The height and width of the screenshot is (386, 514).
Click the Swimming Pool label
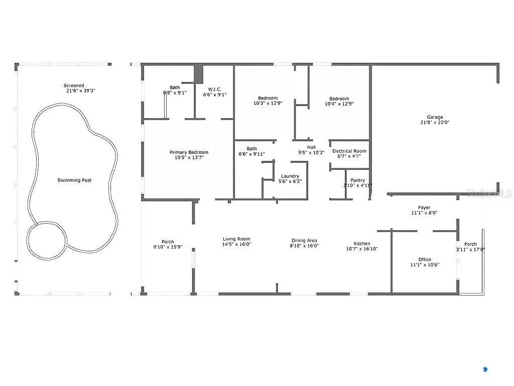click(74, 180)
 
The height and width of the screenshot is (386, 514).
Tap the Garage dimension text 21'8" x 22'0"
click(435, 123)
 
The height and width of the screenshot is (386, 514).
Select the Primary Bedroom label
click(189, 152)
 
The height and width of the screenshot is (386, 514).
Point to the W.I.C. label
click(215, 89)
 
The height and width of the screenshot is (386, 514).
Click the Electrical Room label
click(349, 151)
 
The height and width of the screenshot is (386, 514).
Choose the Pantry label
click(357, 180)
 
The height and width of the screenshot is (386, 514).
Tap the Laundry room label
click(290, 176)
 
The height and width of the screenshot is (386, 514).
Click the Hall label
click(311, 147)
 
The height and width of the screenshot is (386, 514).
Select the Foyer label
click(424, 208)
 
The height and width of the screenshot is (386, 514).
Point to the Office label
click(425, 259)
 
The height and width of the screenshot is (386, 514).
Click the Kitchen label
click(362, 244)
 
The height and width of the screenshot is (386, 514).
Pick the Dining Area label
click(304, 241)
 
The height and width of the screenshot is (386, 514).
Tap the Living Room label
click(236, 239)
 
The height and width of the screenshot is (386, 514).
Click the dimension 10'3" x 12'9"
click(268, 103)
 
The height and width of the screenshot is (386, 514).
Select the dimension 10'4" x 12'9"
click(339, 104)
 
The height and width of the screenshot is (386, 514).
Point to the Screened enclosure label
click(74, 85)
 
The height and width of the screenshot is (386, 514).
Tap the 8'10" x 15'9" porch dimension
click(168, 247)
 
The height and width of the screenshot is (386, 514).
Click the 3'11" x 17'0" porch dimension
click(470, 249)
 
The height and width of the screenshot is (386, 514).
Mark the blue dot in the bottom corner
click(485, 369)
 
